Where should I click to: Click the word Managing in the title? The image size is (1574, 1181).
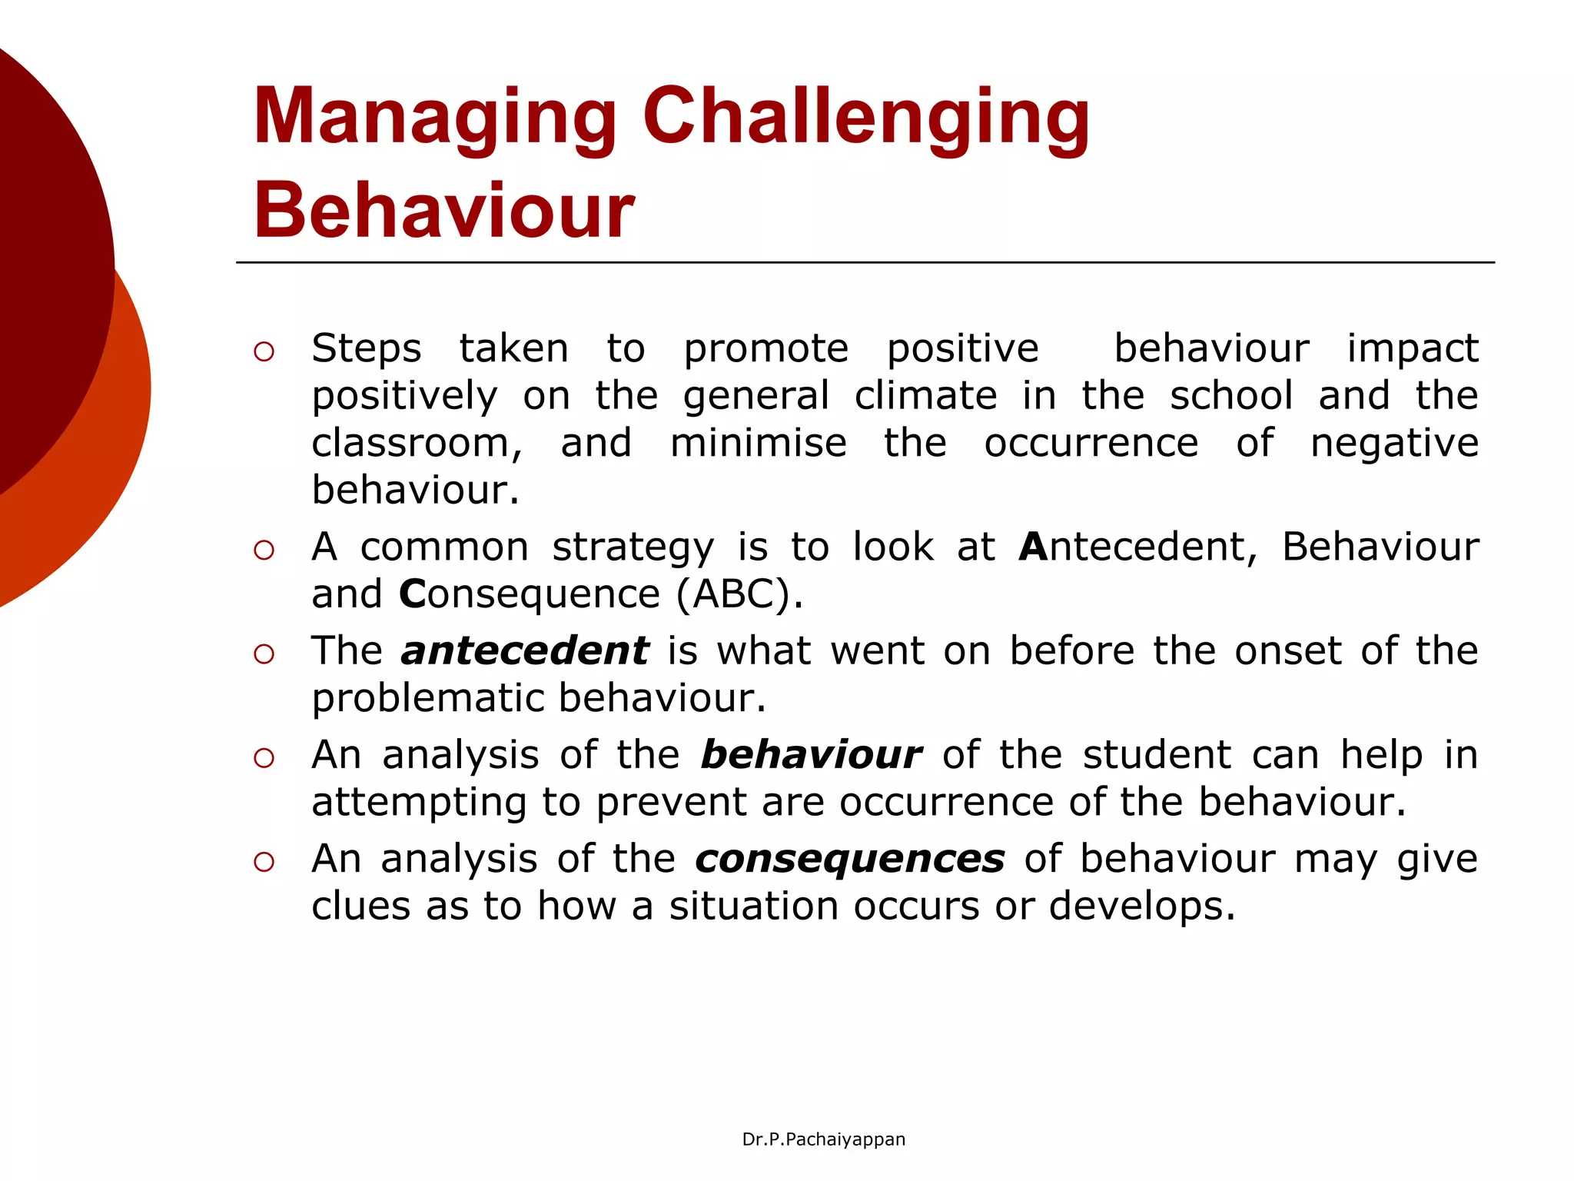(435, 117)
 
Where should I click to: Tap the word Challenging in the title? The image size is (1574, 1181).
(865, 117)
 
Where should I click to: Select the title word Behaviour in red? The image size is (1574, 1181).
(443, 211)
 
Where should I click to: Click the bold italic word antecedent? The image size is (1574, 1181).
(525, 651)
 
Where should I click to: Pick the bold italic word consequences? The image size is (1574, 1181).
(849, 859)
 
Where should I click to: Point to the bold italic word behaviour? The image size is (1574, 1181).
(811, 755)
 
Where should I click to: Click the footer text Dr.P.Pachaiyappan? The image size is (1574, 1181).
(823, 1139)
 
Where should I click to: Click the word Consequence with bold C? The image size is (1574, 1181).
(530, 594)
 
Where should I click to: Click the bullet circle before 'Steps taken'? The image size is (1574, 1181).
(264, 352)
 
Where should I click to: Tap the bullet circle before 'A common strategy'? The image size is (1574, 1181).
(264, 550)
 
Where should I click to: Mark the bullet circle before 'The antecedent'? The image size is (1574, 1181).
(264, 654)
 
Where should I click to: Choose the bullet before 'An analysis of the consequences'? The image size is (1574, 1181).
(264, 862)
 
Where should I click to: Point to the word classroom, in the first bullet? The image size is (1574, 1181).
(417, 444)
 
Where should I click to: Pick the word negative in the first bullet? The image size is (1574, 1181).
(1394, 444)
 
